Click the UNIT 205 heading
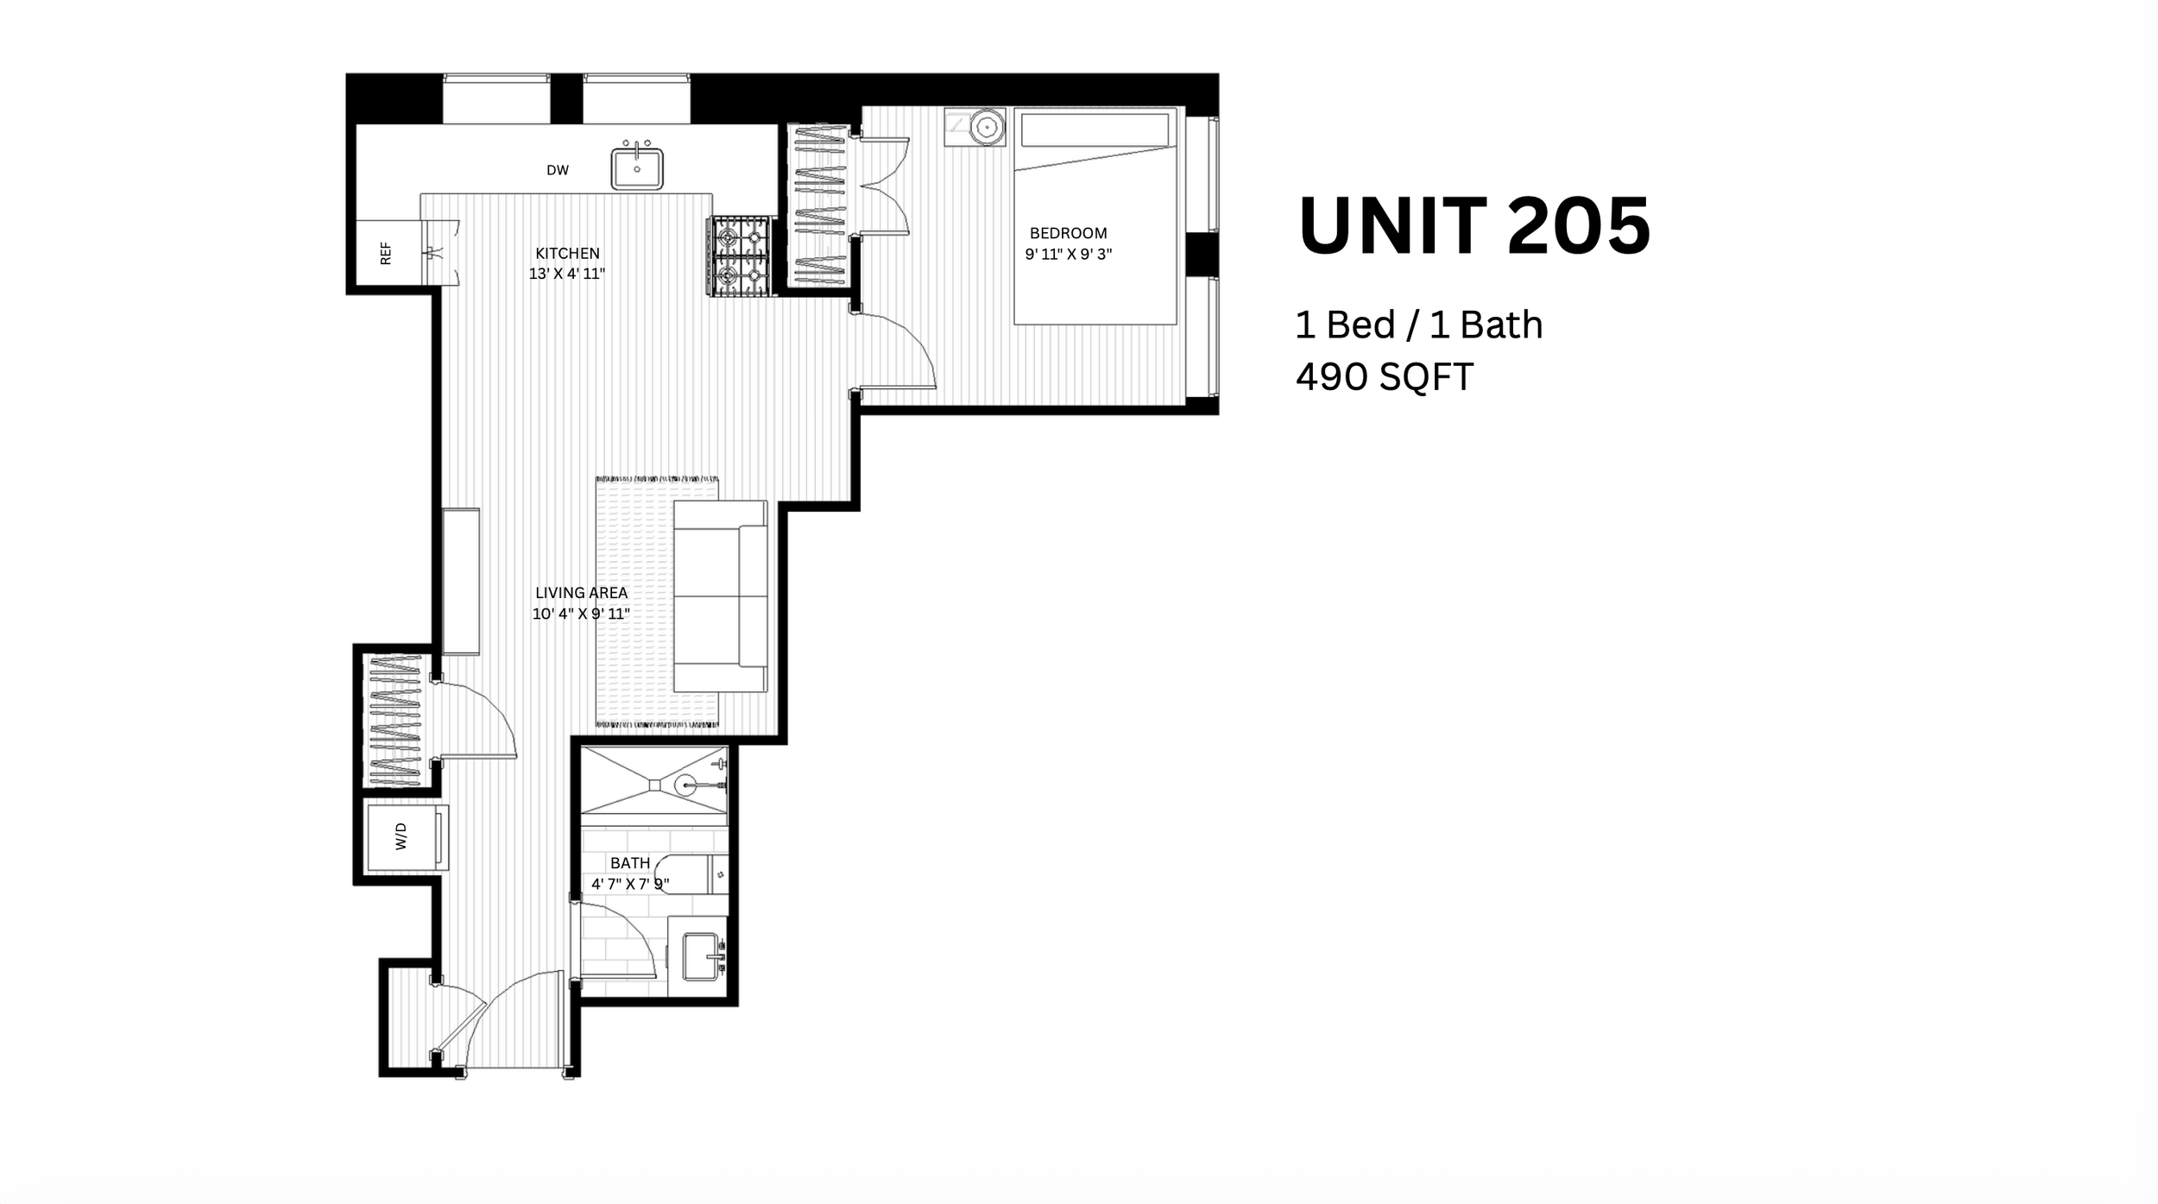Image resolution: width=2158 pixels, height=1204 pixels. pos(1474,225)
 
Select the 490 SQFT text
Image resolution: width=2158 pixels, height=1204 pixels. pos(1385,377)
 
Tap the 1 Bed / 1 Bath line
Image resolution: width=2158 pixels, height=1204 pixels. pos(1419,325)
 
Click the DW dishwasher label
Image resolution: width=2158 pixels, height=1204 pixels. pos(558,170)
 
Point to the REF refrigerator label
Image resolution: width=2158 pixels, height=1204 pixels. pos(386,253)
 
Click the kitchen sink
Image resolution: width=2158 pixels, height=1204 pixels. pos(637,168)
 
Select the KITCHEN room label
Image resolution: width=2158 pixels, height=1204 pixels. pos(567,253)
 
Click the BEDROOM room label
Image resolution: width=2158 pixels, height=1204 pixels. pos(1068,233)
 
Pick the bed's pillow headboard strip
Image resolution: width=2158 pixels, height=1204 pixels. pos(1095,130)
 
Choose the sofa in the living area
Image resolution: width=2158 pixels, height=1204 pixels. pos(721,596)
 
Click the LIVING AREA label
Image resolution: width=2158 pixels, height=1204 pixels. pos(581,593)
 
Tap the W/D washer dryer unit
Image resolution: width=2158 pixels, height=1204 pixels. pos(407,836)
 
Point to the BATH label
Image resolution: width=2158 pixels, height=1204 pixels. pos(630,863)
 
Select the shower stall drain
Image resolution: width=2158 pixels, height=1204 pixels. pos(655,785)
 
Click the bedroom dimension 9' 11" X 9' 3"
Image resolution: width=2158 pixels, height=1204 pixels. pos(1068,255)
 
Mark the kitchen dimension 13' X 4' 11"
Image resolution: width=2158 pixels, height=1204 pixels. pos(567,274)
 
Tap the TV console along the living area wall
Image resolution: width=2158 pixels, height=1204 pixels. pos(461,582)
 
